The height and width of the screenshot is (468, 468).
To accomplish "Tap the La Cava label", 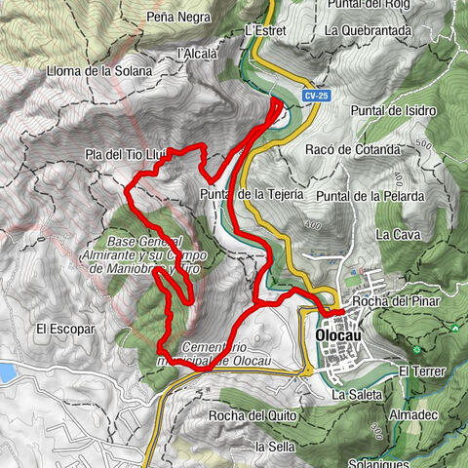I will [x=396, y=235].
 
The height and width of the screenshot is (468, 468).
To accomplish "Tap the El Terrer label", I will [x=421, y=370].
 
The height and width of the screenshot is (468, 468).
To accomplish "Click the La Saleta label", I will [x=351, y=395].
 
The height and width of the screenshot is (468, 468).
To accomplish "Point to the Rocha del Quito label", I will [x=250, y=415].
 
